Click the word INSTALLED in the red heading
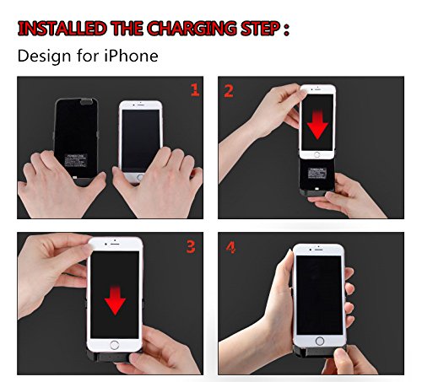tap(62, 29)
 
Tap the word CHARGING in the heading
tap(192, 29)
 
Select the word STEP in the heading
tap(260, 29)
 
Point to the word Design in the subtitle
tap(44, 56)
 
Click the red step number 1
tap(195, 90)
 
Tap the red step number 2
tap(229, 91)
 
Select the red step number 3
tap(191, 247)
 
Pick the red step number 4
tap(230, 247)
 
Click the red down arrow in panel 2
tap(317, 125)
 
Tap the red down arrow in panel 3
tap(115, 300)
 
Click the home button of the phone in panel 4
tap(320, 341)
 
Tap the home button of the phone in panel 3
tap(115, 345)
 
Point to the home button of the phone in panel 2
tap(317, 154)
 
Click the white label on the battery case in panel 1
tap(76, 161)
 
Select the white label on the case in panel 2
tap(317, 173)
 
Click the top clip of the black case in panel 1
tap(87, 101)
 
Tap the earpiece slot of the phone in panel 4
tap(319, 250)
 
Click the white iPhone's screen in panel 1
tap(141, 141)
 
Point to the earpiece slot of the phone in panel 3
tap(115, 244)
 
